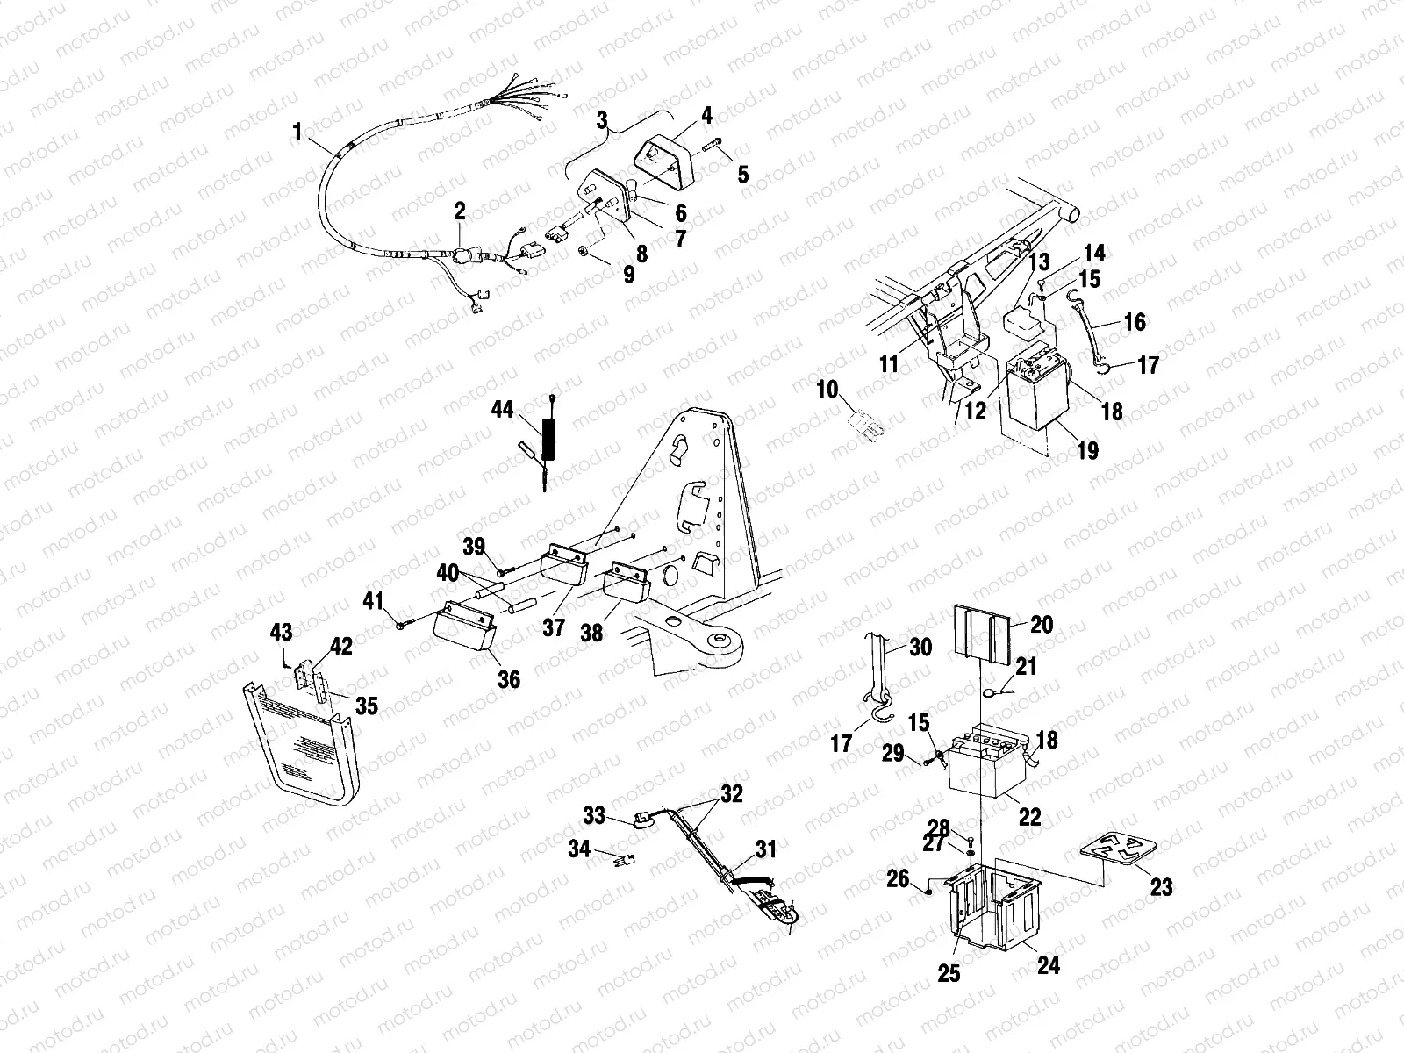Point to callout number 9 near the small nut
tap(628, 274)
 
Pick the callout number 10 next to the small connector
tap(827, 389)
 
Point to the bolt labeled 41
tap(405, 625)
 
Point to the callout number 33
tap(595, 816)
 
